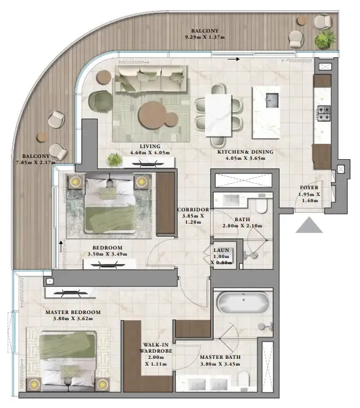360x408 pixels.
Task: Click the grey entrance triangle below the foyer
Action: click(x=309, y=225)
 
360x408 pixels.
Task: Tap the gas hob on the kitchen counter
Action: click(x=324, y=113)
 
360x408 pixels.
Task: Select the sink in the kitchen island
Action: click(x=272, y=100)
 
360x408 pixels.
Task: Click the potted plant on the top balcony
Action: click(x=324, y=39)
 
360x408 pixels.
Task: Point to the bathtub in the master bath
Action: click(x=243, y=303)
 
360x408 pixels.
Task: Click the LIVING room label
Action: click(x=150, y=146)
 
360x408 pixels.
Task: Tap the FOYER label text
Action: click(x=309, y=187)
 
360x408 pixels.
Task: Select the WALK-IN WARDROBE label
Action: click(x=156, y=348)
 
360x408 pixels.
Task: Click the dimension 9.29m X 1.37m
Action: click(x=205, y=37)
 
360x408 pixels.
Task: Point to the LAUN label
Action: click(x=221, y=250)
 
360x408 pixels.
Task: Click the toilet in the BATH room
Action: click(x=261, y=206)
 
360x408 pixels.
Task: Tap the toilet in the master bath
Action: click(x=243, y=380)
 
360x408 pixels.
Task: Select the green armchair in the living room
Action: click(x=100, y=101)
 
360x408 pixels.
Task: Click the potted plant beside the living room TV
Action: click(x=114, y=160)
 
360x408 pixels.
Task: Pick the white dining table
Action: click(x=218, y=116)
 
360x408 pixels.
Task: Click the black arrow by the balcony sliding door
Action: click(x=233, y=60)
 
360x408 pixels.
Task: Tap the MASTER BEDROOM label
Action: click(x=73, y=312)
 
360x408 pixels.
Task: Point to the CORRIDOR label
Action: click(x=193, y=210)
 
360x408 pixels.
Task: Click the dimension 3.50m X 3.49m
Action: click(x=107, y=254)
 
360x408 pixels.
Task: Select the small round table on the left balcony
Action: click(x=42, y=137)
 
